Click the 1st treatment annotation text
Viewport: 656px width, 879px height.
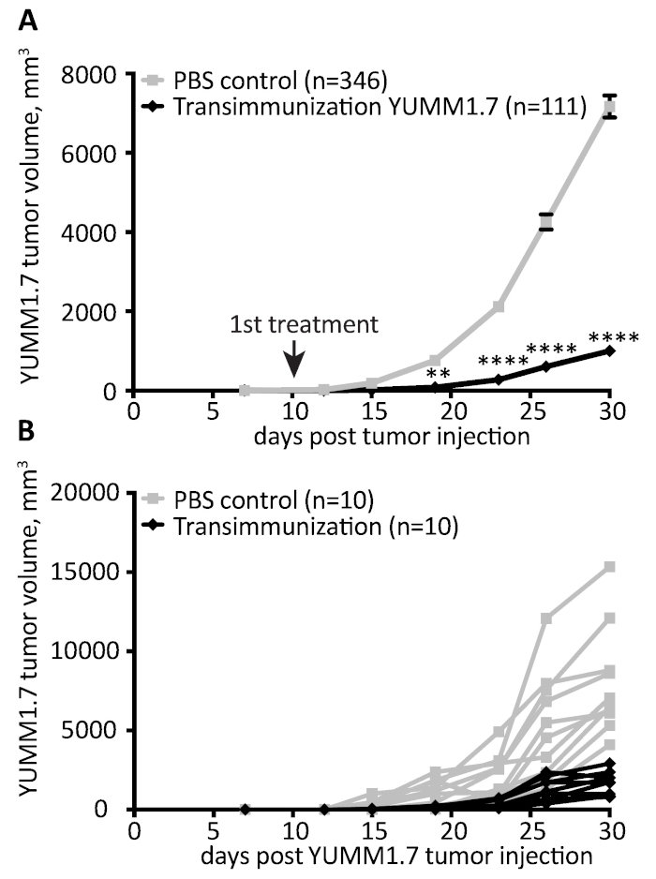(304, 325)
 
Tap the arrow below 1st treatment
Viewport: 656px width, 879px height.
(293, 361)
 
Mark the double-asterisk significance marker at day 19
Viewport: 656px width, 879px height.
(438, 373)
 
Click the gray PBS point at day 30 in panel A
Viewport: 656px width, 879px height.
(609, 106)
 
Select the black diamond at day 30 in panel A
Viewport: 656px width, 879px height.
(609, 350)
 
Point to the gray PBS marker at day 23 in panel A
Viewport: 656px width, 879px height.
(499, 306)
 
